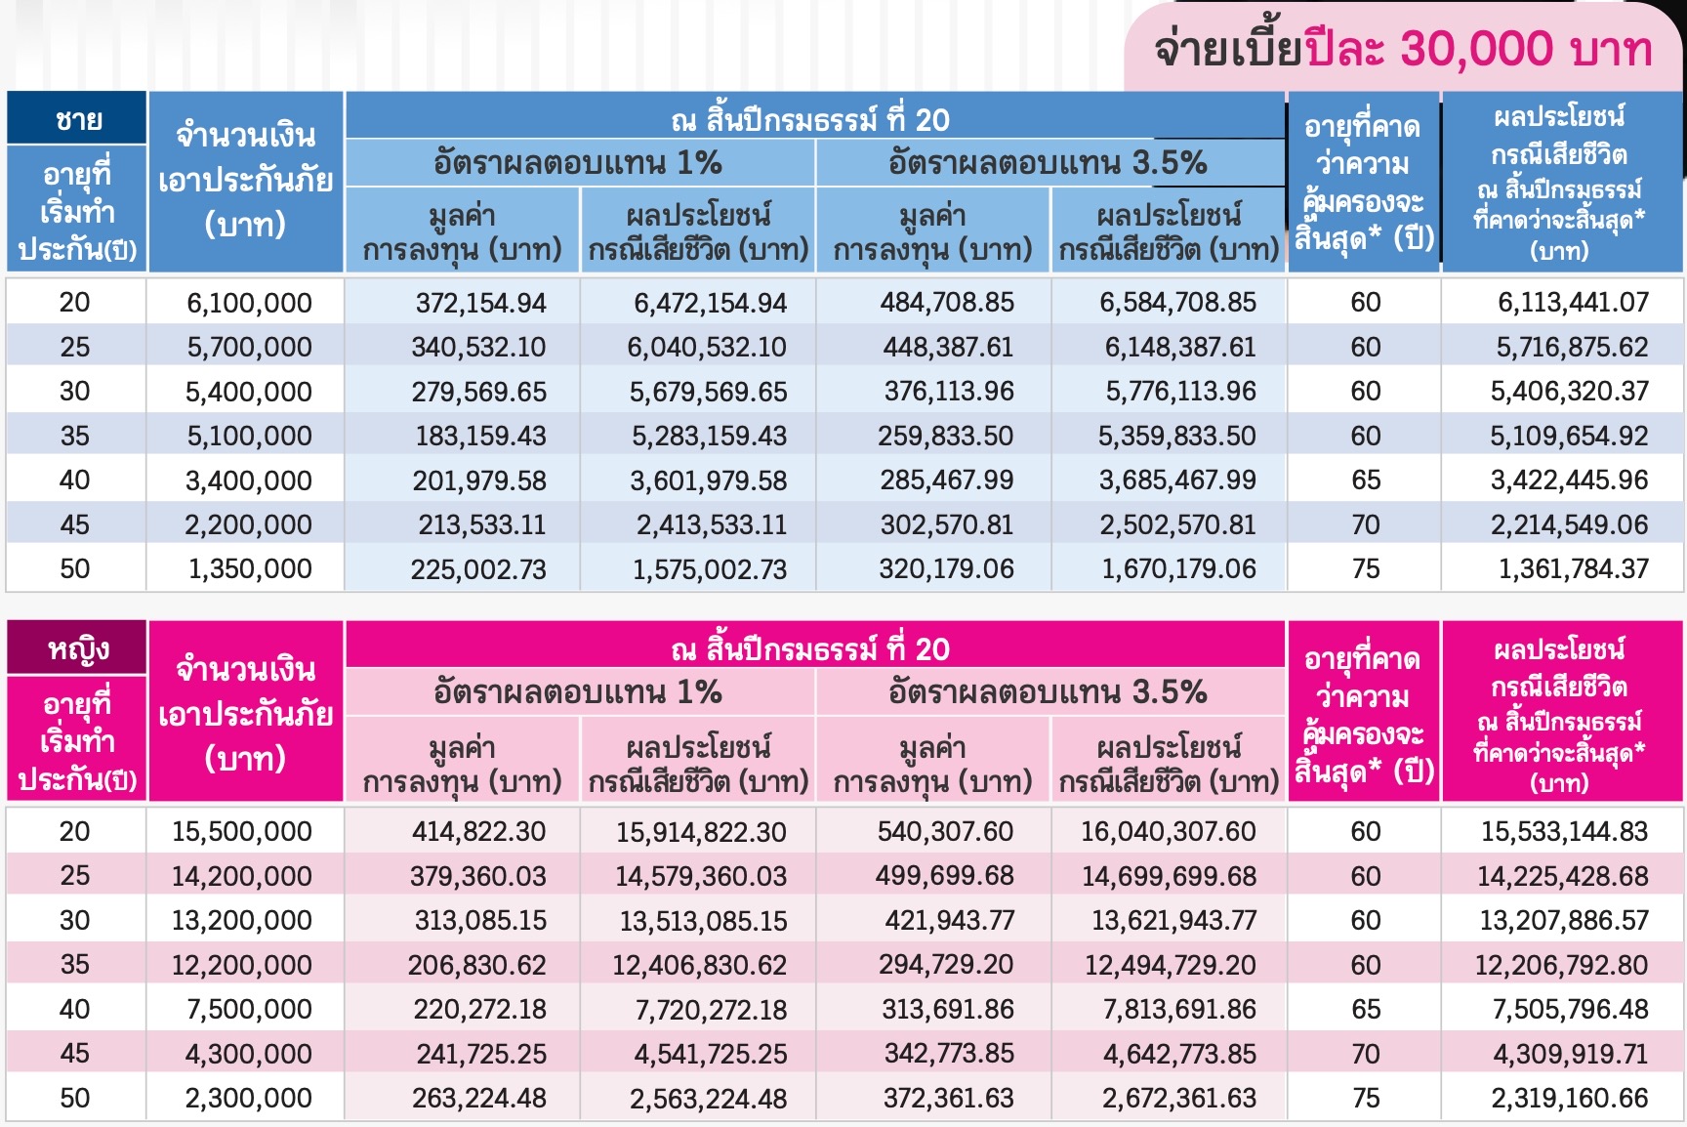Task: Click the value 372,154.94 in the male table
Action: pos(480,303)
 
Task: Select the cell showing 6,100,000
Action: pos(249,303)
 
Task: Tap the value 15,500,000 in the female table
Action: pos(242,832)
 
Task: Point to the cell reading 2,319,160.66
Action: pos(1570,1099)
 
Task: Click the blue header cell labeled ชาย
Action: pos(77,120)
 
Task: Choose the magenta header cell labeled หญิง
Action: pos(77,649)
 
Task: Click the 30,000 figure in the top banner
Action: pos(1475,49)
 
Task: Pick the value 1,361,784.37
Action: pos(1573,569)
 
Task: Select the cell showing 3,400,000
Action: pos(249,480)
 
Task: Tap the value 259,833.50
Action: pos(945,437)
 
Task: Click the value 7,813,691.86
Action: pos(1179,1010)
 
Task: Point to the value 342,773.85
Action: pos(948,1054)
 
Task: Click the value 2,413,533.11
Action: pos(711,525)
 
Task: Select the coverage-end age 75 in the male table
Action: pos(1365,569)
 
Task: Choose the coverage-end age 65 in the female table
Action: pos(1365,1010)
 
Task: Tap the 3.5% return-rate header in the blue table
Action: pos(1048,163)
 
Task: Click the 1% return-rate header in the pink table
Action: pos(578,692)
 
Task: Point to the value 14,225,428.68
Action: pos(1563,877)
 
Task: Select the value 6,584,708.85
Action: pos(1177,303)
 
